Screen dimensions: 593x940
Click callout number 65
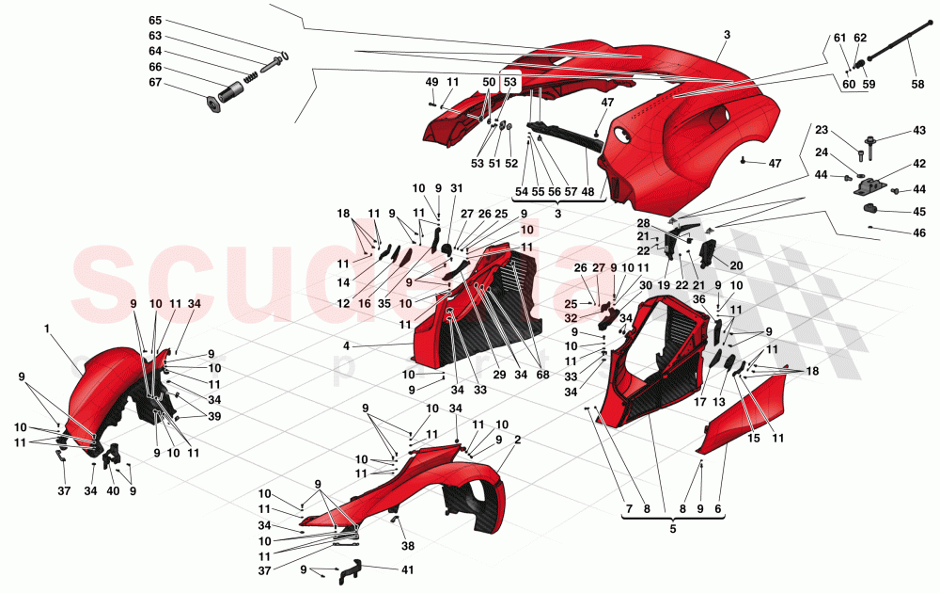coord(155,21)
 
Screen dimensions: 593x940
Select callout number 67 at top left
coord(155,82)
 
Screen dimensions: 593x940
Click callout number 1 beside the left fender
coord(46,329)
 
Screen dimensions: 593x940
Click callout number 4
coord(346,345)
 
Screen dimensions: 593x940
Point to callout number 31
coord(456,188)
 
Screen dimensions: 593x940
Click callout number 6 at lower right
coord(720,509)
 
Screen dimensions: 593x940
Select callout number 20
coord(736,265)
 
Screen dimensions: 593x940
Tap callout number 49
coord(431,83)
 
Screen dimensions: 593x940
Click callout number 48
coord(588,191)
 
